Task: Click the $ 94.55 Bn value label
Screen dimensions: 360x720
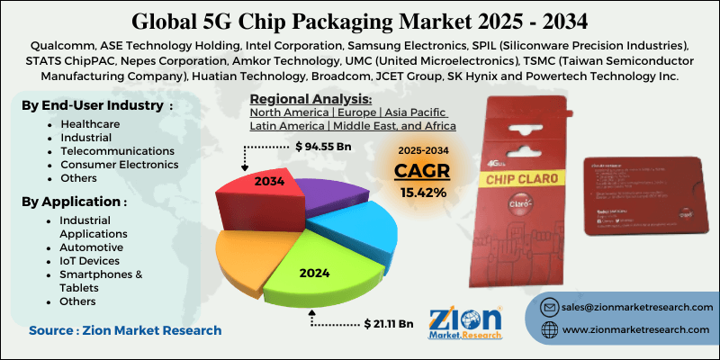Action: click(x=327, y=145)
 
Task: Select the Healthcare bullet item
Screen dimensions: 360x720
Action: click(x=91, y=124)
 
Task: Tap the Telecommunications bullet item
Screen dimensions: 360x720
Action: click(x=117, y=151)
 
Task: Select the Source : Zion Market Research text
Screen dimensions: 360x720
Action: click(x=124, y=331)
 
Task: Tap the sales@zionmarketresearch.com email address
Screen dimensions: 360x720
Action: click(x=634, y=307)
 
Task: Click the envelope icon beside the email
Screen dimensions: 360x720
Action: click(x=548, y=307)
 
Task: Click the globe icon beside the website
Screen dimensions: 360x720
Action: click(x=548, y=330)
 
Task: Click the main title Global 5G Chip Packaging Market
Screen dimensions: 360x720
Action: click(x=359, y=20)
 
